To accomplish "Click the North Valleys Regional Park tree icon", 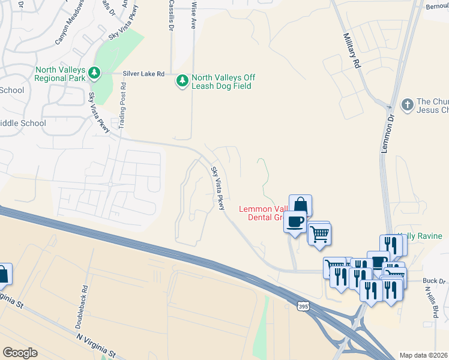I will pyautogui.click(x=94, y=73).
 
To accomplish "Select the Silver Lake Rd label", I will pyautogui.click(x=143, y=74).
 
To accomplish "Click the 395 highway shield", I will pyautogui.click(x=304, y=306).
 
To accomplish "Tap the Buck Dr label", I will pyautogui.click(x=434, y=280).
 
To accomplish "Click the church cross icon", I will pyautogui.click(x=408, y=104).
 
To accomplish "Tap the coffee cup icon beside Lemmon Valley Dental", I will pyautogui.click(x=294, y=221).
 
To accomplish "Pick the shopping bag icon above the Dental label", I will pyautogui.click(x=300, y=205).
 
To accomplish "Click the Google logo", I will pyautogui.click(x=20, y=352).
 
